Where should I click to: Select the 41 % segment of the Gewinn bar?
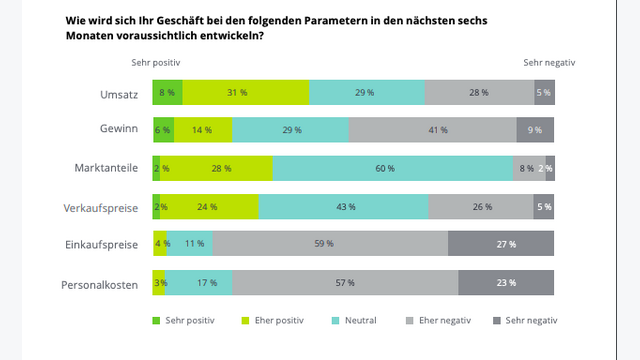coord(432,130)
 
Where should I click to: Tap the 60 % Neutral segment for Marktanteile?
coord(393,168)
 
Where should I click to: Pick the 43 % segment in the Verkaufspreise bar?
coord(343,207)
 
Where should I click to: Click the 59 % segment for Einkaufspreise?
coord(330,244)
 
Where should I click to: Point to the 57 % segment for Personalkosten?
coord(344,283)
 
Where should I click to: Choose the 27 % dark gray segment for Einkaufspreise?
coord(501,244)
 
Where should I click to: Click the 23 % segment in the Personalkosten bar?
coord(506,283)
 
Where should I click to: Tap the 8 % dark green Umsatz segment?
coord(168,92)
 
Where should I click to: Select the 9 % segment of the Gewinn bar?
coord(535,130)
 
